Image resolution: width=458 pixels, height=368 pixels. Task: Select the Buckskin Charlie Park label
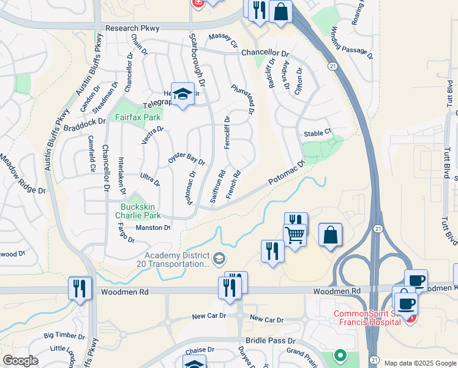(x=140, y=212)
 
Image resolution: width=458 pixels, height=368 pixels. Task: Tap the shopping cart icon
(x=295, y=234)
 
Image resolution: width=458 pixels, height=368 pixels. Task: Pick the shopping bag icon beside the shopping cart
(x=330, y=235)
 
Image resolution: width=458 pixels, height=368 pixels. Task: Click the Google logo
(x=21, y=361)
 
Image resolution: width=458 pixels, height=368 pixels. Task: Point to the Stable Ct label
(x=317, y=132)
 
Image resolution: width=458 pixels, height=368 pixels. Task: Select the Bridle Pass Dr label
(x=270, y=340)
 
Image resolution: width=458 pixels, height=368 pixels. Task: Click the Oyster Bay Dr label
(x=186, y=157)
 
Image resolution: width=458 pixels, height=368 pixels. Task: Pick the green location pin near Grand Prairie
(x=339, y=355)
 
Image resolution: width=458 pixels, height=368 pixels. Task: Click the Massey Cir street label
(x=223, y=41)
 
